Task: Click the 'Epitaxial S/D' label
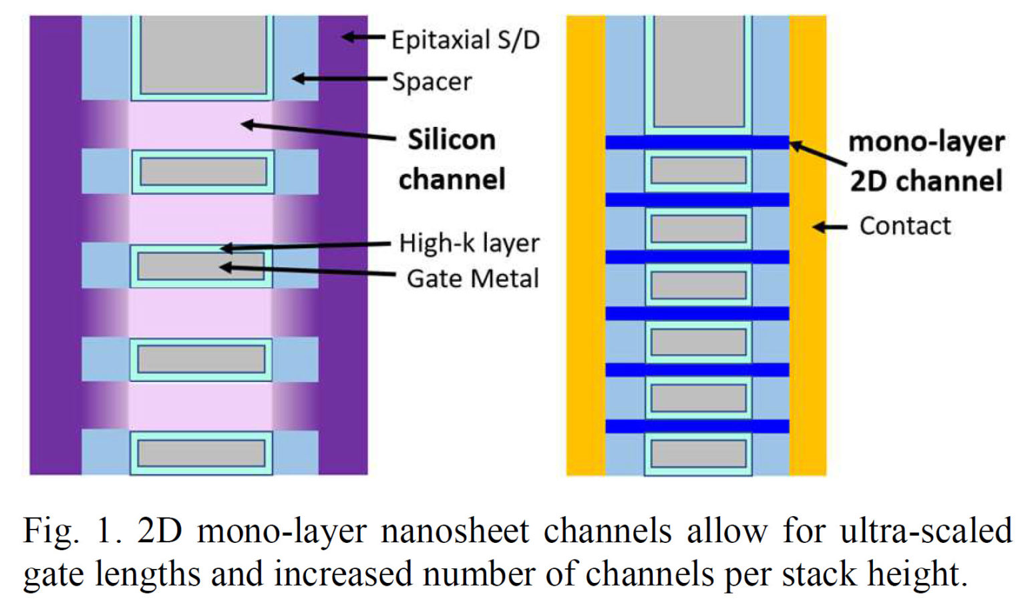click(465, 40)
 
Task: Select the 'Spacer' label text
click(432, 82)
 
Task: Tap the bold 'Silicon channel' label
click(452, 160)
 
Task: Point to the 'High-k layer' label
click(469, 243)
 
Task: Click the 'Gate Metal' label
click(472, 278)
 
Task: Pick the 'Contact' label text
click(904, 226)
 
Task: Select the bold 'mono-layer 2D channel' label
click(926, 161)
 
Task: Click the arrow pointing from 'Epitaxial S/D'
click(364, 37)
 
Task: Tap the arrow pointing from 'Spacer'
click(339, 79)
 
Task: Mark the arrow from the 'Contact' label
click(830, 227)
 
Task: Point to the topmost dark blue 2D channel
click(697, 142)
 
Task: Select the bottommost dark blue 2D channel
click(697, 426)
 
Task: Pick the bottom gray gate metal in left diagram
click(201, 453)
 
